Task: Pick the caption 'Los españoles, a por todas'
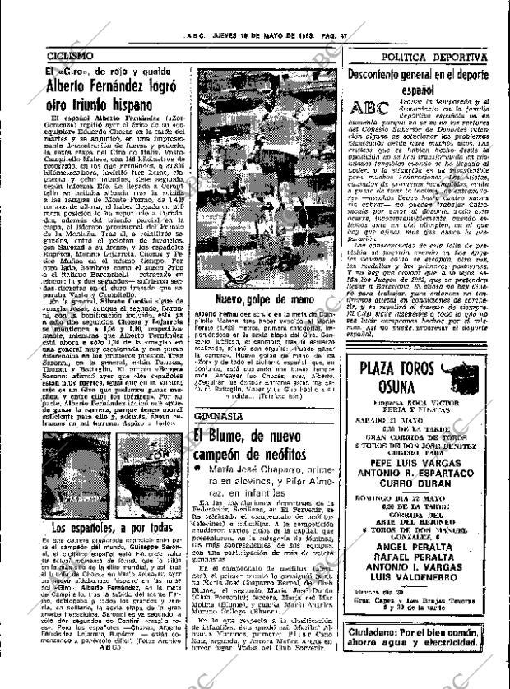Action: coord(101,527)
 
